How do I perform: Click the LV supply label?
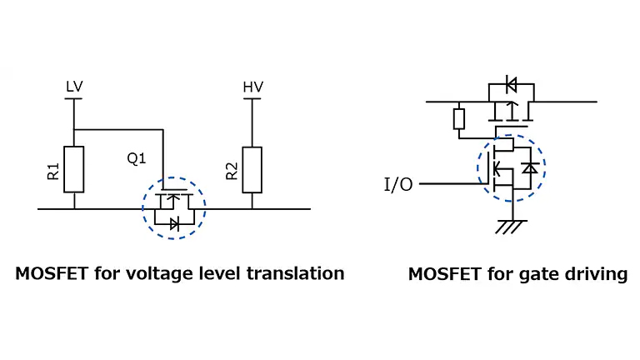[x=74, y=87]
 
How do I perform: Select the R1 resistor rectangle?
[x=74, y=170]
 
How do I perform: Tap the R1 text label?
[x=53, y=172]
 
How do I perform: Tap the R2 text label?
[x=231, y=172]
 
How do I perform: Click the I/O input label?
[x=397, y=184]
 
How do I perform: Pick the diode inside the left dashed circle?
[x=173, y=222]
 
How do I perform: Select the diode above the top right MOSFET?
[x=511, y=84]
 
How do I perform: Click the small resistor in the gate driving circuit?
[x=458, y=118]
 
